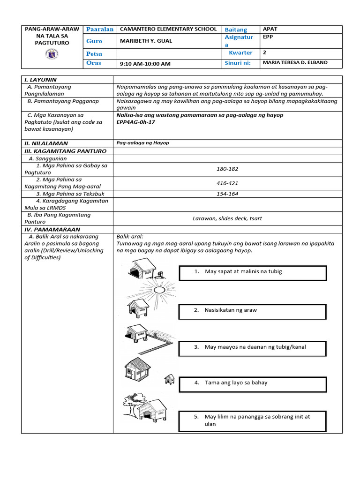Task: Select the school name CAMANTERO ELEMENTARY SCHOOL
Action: click(x=168, y=30)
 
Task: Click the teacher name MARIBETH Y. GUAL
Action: click(x=146, y=41)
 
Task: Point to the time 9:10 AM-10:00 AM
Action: click(x=145, y=64)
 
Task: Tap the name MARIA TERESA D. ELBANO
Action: click(x=295, y=63)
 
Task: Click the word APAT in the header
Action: click(x=270, y=29)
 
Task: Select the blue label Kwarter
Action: click(x=240, y=53)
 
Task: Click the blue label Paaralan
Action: click(x=100, y=30)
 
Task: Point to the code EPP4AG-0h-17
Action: click(x=135, y=122)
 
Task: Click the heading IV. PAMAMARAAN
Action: click(x=52, y=230)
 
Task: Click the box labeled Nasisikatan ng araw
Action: click(x=252, y=311)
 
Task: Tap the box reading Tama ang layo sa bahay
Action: click(x=252, y=383)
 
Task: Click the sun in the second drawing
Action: click(x=160, y=291)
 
